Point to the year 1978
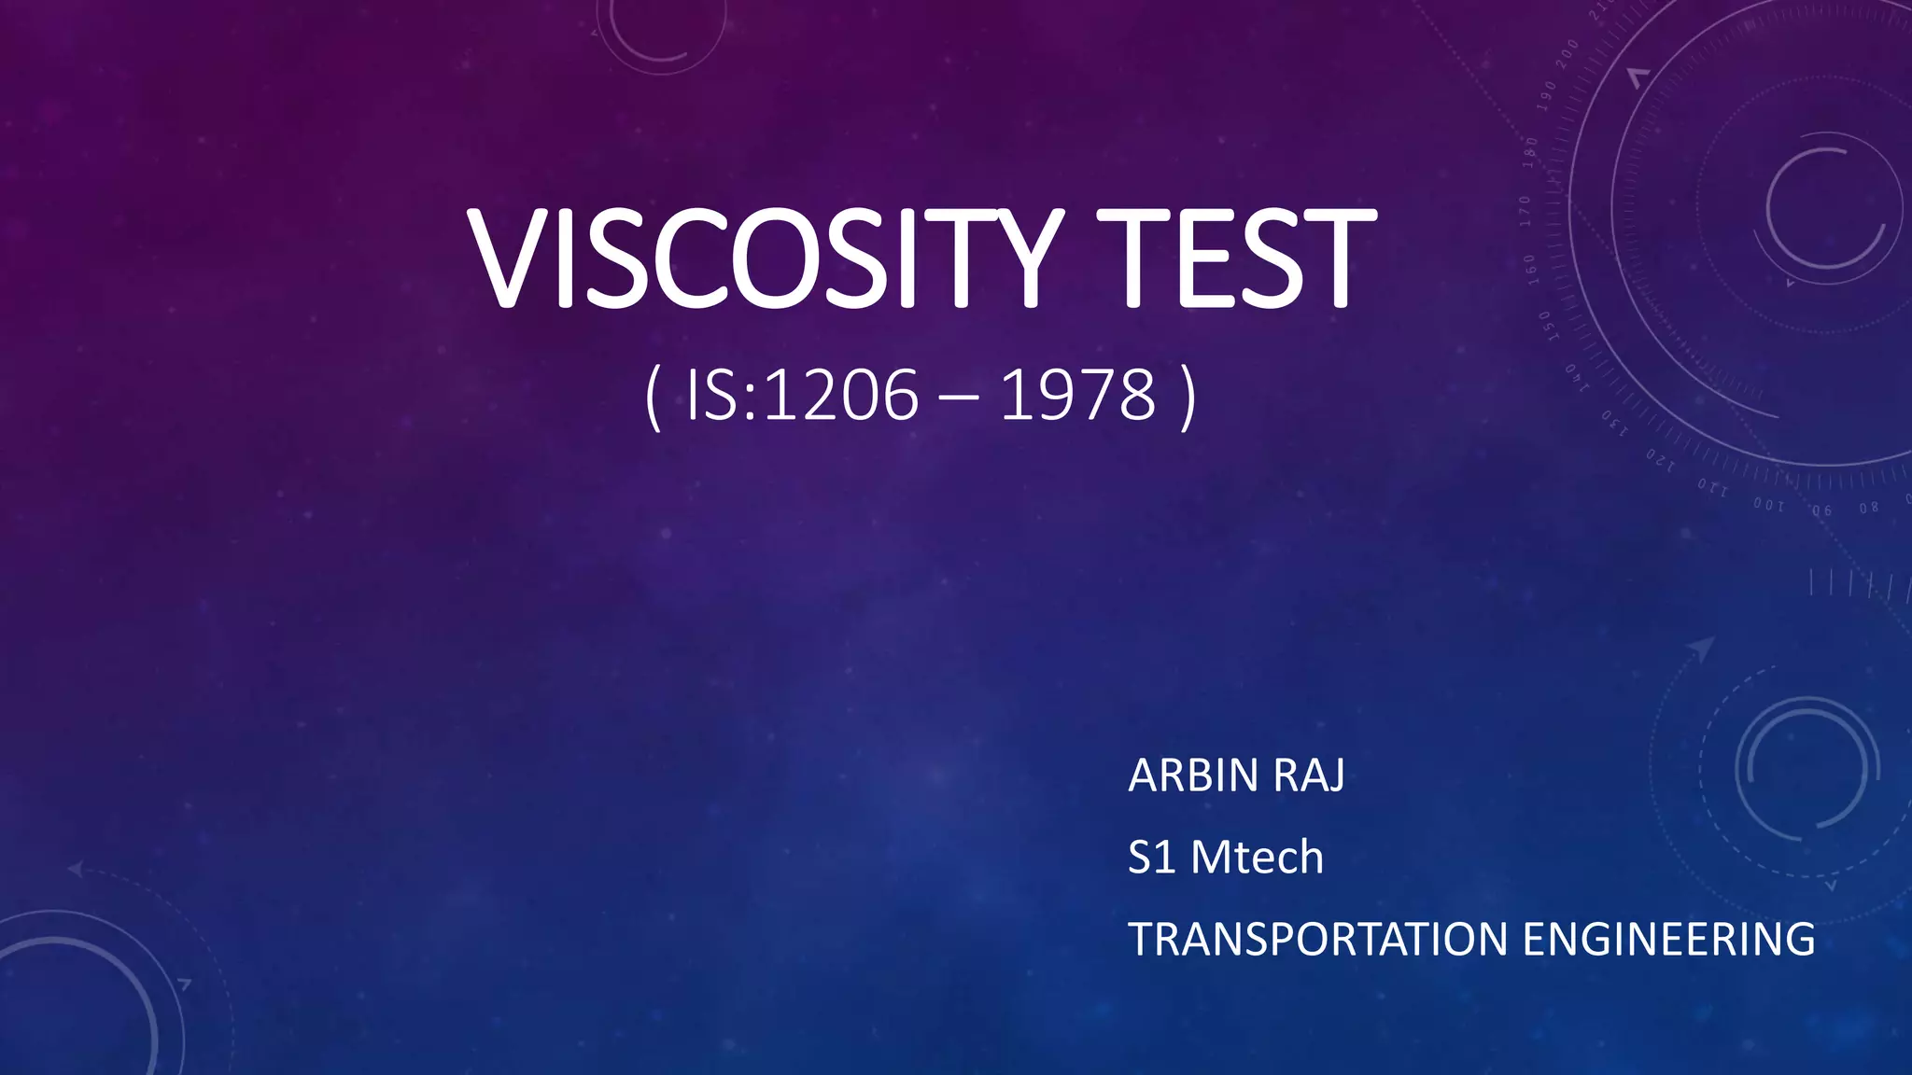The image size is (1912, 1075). pos(1077,397)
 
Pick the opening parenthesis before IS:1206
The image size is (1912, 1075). pos(653,398)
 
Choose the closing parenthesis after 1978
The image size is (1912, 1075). pos(1187,398)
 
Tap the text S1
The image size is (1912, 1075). pos(1151,858)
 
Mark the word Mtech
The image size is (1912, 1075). pos(1257,858)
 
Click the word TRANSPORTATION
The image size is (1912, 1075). pos(1317,940)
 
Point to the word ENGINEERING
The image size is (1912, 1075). pos(1668,940)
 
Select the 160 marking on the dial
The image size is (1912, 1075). pos(1530,266)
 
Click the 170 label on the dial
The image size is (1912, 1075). pos(1525,210)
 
